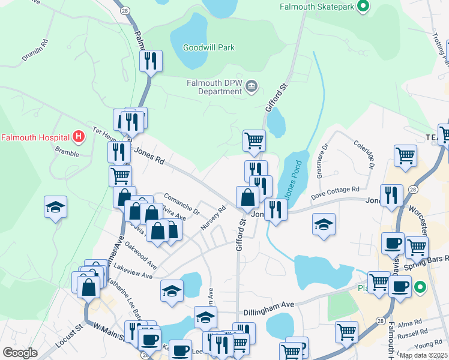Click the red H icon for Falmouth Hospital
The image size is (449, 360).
click(77, 137)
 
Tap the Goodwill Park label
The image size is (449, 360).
click(208, 47)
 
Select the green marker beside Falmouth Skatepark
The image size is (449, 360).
click(363, 7)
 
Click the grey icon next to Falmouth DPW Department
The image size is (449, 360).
click(252, 87)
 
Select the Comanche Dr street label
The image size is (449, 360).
click(181, 202)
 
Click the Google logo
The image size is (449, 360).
click(20, 352)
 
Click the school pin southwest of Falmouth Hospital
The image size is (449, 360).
click(55, 207)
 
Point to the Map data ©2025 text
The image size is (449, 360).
click(423, 355)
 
